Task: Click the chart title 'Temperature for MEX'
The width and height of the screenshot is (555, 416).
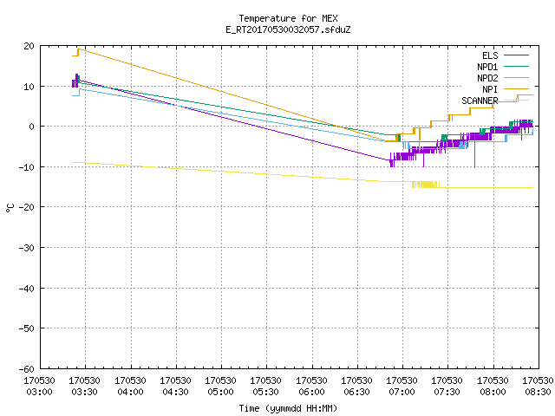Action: (x=288, y=18)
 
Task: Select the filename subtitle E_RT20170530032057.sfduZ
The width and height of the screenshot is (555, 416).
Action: (x=288, y=29)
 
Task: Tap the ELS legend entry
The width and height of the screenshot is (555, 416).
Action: (x=505, y=55)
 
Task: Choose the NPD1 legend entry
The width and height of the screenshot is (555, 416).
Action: (x=503, y=67)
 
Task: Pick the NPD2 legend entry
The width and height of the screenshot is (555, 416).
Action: (x=503, y=78)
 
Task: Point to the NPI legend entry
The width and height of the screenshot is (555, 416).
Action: (x=505, y=89)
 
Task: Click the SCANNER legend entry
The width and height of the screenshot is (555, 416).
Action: (x=495, y=101)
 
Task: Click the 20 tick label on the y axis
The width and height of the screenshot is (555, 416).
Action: (x=29, y=46)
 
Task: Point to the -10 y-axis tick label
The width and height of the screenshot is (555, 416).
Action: (x=26, y=167)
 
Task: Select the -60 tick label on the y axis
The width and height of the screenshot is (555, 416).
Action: (x=26, y=369)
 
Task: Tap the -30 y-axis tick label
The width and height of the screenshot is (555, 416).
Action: (x=26, y=248)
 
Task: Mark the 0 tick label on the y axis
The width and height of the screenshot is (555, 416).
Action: (x=32, y=127)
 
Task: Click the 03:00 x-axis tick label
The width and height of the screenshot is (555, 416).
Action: (x=39, y=387)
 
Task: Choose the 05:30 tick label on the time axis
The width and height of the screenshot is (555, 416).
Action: (x=265, y=387)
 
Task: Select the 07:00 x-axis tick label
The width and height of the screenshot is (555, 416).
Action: (x=402, y=387)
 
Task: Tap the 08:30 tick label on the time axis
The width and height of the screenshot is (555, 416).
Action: (x=538, y=387)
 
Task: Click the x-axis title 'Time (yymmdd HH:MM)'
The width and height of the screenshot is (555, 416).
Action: (x=288, y=408)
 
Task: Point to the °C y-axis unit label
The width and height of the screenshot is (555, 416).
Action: (x=10, y=208)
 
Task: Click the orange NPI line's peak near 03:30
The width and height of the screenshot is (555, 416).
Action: (x=79, y=49)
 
